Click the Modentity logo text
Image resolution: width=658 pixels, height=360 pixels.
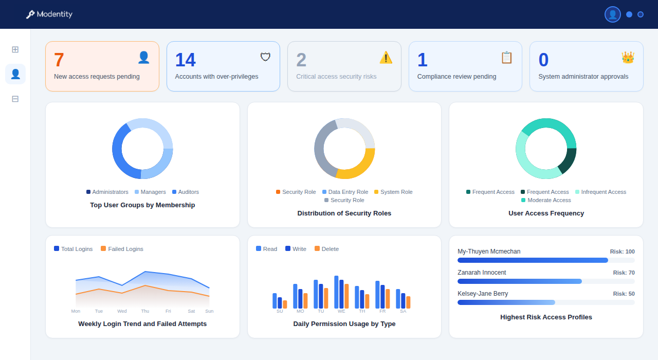54,14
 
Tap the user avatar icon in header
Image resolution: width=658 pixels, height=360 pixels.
612,14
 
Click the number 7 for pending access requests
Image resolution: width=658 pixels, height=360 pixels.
59,60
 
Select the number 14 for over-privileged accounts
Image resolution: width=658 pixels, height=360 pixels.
185,60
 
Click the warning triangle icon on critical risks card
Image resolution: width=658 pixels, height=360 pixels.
386,58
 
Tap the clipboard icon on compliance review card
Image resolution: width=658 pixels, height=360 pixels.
506,58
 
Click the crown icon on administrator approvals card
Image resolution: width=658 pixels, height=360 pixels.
628,58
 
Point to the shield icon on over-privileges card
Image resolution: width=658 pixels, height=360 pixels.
265,57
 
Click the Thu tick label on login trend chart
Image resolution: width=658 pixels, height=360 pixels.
145,311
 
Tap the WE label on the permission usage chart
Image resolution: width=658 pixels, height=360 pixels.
341,311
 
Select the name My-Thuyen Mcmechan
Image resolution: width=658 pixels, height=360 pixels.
489,251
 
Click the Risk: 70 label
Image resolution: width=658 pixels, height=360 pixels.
624,273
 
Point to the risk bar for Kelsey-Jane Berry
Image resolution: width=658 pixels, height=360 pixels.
506,302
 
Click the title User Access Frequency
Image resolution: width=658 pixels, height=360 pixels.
546,213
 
